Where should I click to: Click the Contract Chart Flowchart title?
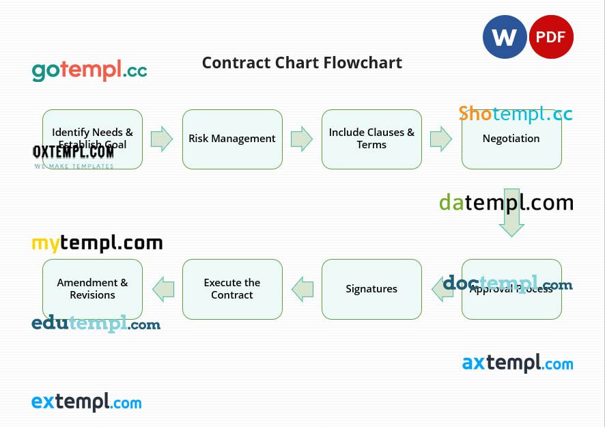(302, 63)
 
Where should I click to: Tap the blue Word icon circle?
(505, 37)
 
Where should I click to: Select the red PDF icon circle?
(551, 37)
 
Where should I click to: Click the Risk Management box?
(232, 139)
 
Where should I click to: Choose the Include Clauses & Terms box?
(371, 139)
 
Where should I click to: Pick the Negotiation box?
(511, 139)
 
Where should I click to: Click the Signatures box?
(371, 289)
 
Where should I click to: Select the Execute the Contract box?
(232, 289)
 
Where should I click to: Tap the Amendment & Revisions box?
(92, 289)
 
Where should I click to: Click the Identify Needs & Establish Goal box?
(92, 139)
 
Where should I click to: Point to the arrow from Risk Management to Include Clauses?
(301, 139)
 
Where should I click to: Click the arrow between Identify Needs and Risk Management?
(162, 139)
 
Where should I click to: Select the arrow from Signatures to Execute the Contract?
(302, 289)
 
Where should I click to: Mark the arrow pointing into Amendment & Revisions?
(163, 289)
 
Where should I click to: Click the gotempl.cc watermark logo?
(89, 70)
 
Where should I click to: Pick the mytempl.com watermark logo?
(97, 243)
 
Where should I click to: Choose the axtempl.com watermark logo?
(518, 363)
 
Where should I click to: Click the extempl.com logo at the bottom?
(86, 402)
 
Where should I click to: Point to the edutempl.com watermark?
(96, 324)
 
